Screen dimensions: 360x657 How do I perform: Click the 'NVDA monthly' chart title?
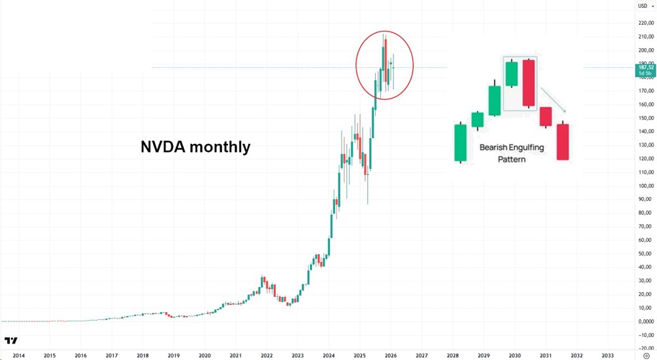coord(196,146)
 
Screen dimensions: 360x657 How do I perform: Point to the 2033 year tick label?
coord(608,355)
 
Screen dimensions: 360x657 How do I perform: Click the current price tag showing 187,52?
coord(645,69)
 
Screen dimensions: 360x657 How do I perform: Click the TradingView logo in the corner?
coord(11,340)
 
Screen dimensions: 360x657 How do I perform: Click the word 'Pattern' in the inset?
coord(512,159)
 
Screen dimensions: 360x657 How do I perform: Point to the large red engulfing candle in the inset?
coord(529,83)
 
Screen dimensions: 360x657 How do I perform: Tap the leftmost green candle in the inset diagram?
coord(460,143)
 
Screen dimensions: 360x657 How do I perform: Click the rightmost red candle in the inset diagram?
coord(562,141)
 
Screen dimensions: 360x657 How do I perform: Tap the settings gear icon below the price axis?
coord(646,355)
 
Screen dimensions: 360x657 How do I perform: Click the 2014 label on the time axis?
coord(18,355)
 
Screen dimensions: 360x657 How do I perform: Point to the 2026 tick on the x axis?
coord(390,355)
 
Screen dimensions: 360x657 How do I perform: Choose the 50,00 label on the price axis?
coord(645,254)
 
